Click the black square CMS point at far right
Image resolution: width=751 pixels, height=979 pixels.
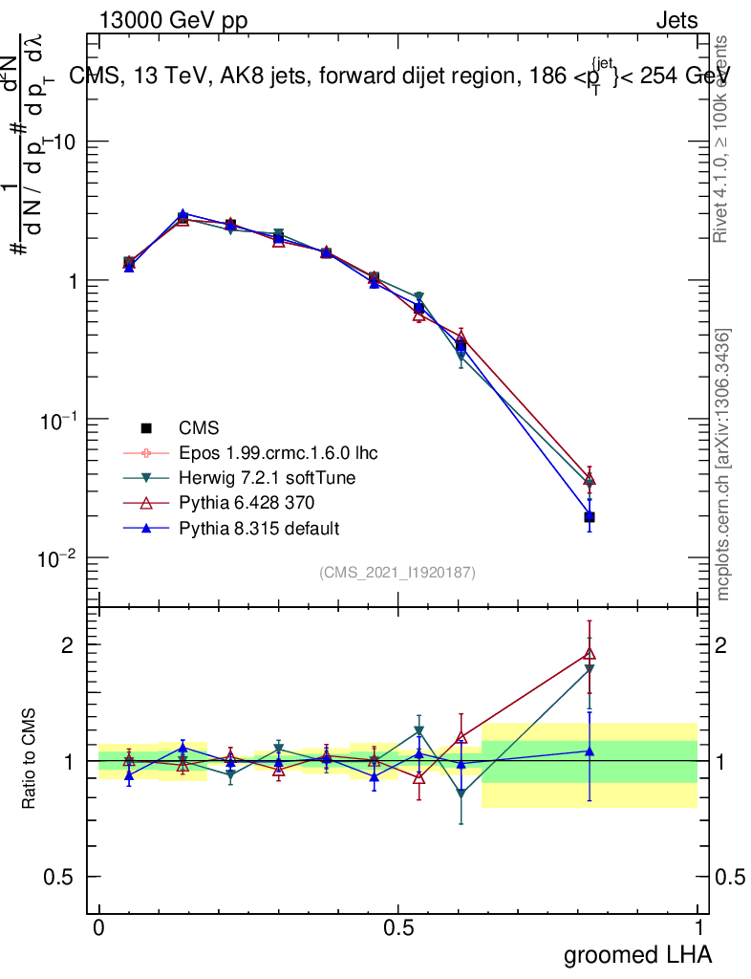[590, 517]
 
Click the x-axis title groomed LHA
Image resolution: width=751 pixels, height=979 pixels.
[637, 954]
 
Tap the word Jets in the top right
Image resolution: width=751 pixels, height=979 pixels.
[676, 21]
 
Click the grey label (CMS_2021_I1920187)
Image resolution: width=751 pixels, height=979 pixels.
[397, 573]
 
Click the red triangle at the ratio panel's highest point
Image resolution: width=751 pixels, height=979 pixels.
[590, 654]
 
